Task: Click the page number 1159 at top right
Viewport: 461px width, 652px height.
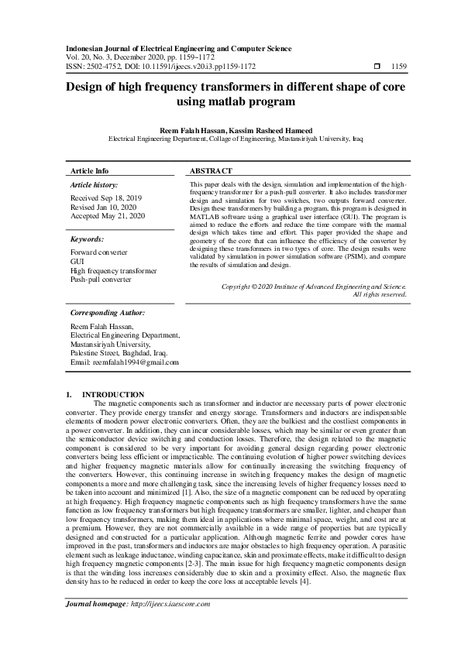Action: pyautogui.click(x=399, y=67)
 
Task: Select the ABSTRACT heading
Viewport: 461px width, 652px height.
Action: pyautogui.click(x=211, y=170)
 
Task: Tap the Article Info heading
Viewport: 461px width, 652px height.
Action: pyautogui.click(x=90, y=170)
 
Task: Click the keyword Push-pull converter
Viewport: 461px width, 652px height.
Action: pyautogui.click(x=101, y=280)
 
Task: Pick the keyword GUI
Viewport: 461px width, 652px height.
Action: pyautogui.click(x=77, y=262)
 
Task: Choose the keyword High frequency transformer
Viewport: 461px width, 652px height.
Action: pyautogui.click(x=113, y=271)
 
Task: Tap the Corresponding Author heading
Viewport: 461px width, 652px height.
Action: pyautogui.click(x=107, y=314)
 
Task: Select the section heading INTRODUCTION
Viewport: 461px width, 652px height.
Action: pyautogui.click(x=113, y=394)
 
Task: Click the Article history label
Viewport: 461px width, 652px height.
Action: pyautogui.click(x=94, y=186)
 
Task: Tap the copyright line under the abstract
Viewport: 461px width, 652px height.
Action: pyautogui.click(x=313, y=286)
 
